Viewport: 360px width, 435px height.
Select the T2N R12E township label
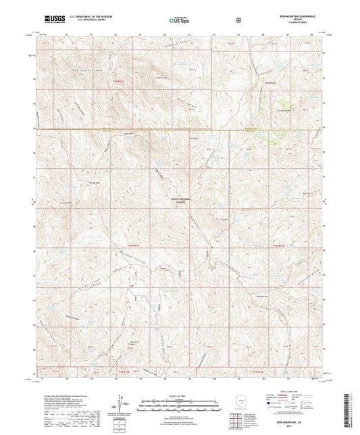coord(269,83)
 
